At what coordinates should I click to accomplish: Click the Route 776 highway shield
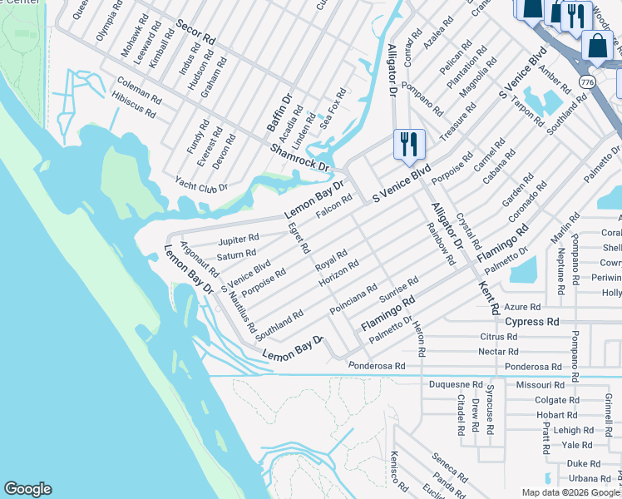pos(588,83)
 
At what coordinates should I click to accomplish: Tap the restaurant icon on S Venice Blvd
pos(408,144)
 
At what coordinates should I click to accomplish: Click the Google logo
pos(27,489)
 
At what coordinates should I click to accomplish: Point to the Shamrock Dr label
pos(300,156)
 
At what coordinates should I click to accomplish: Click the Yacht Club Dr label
pos(201,183)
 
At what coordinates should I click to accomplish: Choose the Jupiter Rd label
pos(239,240)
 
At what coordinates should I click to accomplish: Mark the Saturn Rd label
pos(236,254)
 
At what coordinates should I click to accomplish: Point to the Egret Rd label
pos(298,238)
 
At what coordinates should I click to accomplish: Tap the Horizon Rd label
pos(338,274)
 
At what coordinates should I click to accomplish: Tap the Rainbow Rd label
pos(441,243)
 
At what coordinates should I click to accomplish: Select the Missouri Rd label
pos(539,385)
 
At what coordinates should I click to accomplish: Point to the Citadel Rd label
pos(460,414)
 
